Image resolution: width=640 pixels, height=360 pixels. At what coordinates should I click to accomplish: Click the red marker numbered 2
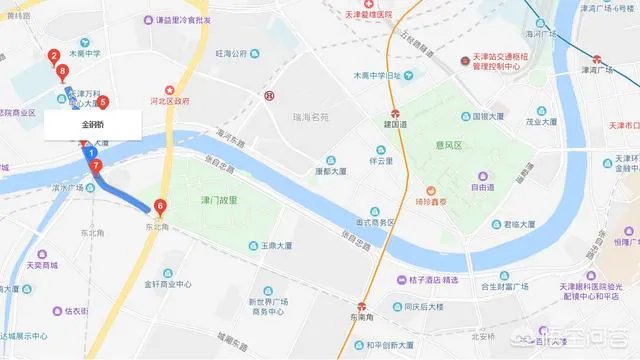click(52, 57)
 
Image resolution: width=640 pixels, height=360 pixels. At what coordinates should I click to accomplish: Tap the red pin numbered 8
click(63, 71)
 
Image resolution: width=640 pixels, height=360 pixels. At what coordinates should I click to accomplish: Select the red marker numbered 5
click(102, 102)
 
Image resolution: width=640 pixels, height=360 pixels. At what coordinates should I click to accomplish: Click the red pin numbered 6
click(160, 207)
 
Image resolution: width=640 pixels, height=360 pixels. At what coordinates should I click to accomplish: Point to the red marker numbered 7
click(96, 165)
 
